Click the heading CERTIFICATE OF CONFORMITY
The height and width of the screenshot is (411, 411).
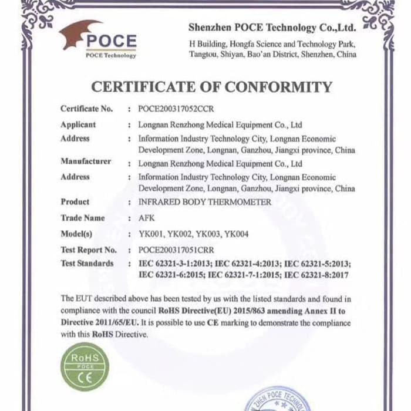point(211,87)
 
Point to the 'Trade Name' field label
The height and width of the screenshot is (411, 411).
point(82,218)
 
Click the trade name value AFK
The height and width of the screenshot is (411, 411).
point(147,218)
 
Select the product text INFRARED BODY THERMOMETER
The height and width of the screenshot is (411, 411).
point(205,202)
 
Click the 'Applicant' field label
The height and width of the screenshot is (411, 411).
point(78,124)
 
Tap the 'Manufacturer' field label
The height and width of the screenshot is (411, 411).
point(85,161)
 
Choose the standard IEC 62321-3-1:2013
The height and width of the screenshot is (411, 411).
point(173,263)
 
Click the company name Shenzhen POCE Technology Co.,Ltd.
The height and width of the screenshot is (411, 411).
point(272,28)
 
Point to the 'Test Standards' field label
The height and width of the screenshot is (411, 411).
point(87,263)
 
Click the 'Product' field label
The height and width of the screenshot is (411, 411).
point(75,202)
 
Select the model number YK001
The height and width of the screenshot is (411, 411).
point(150,234)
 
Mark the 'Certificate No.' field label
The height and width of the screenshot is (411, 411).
point(86,109)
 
